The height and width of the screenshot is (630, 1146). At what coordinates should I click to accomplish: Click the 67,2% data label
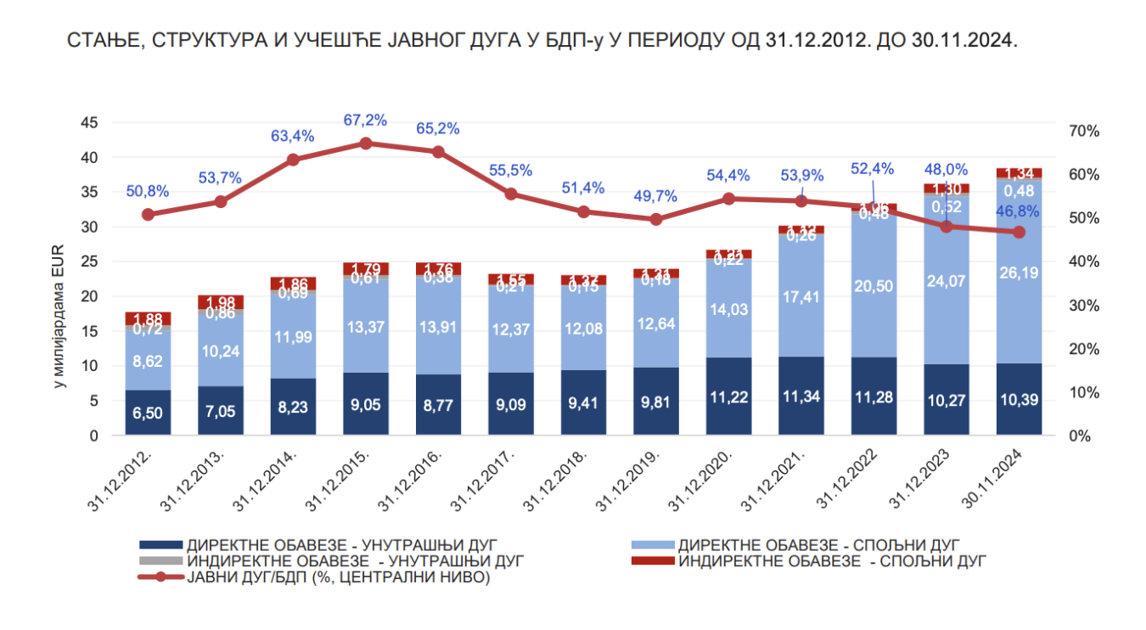[x=365, y=121]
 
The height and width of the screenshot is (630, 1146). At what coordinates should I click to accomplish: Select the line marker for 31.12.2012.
[x=149, y=214]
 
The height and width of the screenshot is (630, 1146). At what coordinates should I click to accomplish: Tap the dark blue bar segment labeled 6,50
[x=149, y=413]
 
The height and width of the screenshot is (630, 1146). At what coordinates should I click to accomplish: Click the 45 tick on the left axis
[x=88, y=123]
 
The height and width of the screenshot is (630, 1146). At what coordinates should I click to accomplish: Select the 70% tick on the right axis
[x=1084, y=132]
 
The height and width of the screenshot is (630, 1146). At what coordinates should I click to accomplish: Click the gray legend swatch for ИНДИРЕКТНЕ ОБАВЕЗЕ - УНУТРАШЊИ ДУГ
[x=160, y=561]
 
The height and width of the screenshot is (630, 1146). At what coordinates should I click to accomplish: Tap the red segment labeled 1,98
[x=221, y=302]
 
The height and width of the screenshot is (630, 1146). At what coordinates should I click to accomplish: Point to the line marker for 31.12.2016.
[x=438, y=152]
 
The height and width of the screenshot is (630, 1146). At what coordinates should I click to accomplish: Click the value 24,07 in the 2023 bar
[x=947, y=277]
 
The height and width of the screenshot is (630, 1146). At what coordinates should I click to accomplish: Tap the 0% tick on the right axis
[x=1077, y=436]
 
